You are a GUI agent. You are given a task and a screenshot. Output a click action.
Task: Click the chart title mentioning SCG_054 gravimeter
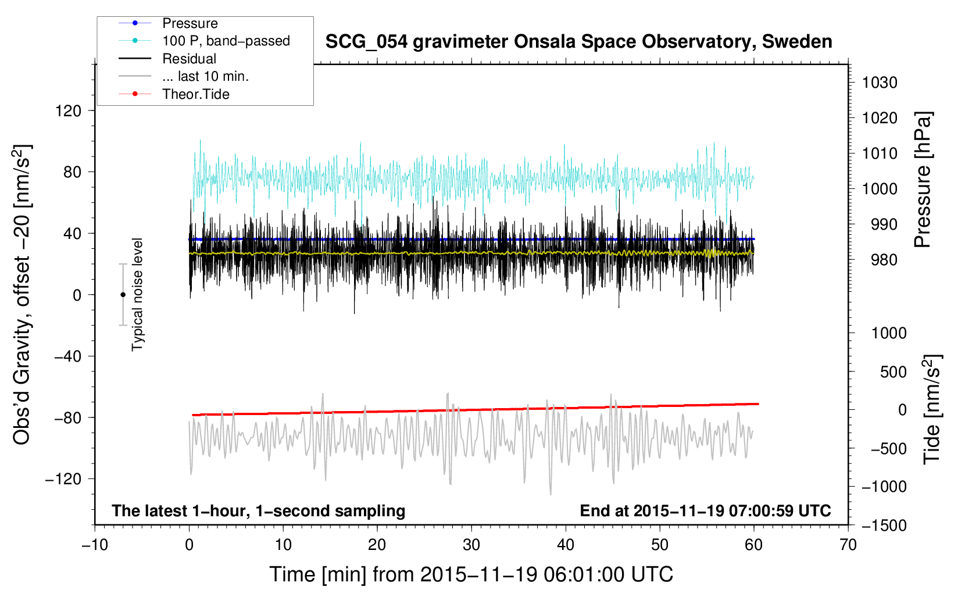578,42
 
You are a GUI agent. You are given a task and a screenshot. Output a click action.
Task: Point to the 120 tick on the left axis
69,111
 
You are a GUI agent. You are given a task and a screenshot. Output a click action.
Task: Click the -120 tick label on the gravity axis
63,479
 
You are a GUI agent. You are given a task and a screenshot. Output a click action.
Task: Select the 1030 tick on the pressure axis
880,83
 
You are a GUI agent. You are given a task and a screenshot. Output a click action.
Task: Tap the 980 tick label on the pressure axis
884,260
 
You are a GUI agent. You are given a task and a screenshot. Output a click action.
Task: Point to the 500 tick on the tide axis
893,371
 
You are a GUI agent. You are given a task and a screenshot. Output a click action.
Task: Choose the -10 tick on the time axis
95,545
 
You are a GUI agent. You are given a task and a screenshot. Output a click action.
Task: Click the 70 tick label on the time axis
848,545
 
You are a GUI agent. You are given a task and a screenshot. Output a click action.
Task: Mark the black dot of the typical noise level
123,295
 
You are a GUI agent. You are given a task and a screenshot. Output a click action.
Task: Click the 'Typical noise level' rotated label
137,295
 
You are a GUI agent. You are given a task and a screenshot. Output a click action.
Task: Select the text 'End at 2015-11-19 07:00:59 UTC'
705,510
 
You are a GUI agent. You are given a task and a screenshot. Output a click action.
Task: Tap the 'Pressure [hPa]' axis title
923,180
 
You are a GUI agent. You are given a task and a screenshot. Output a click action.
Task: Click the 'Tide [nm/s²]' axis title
932,409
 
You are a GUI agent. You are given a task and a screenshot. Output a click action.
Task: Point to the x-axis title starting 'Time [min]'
471,575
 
